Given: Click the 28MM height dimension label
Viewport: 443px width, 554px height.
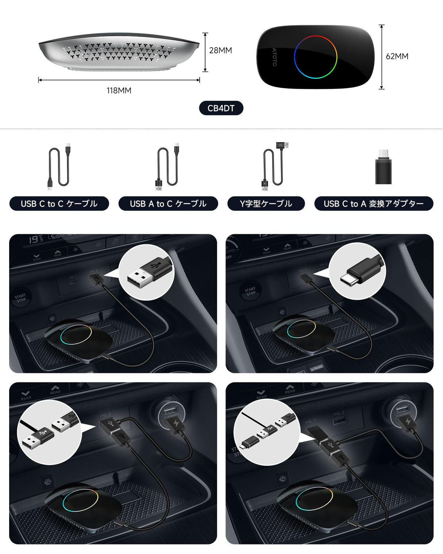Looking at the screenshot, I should (220, 50).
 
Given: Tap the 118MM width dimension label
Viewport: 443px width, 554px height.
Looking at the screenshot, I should (119, 91).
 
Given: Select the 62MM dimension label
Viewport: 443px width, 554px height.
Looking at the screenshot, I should (397, 56).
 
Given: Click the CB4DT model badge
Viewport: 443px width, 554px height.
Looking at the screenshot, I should (221, 108).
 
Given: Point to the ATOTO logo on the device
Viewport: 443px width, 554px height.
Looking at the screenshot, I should (274, 57).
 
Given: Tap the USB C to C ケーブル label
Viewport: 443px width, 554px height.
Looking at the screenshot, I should (59, 204).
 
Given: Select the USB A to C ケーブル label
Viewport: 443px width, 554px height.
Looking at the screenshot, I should (168, 204).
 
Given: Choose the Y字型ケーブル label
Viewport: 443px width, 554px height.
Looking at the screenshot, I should (266, 204).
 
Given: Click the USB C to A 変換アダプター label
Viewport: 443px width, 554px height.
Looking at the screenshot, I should (374, 204).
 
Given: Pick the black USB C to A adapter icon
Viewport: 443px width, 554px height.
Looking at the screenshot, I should (383, 169).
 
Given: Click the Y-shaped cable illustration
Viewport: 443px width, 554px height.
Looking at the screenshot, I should (274, 166).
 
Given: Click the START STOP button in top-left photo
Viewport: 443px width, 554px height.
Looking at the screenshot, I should (21, 298).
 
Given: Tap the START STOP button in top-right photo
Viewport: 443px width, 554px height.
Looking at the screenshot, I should (250, 291).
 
